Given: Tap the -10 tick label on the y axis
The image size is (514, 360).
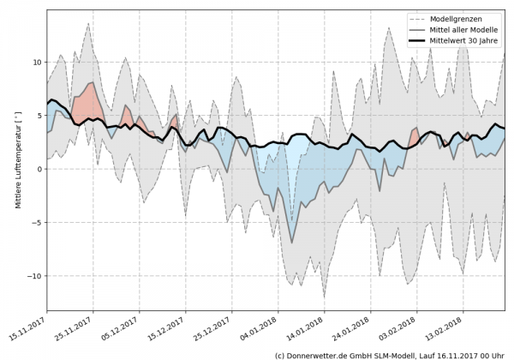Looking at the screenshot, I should pyautogui.click(x=34, y=276).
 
